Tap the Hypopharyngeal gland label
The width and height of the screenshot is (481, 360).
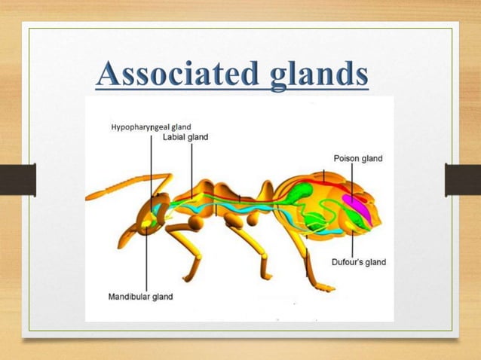pyautogui.click(x=150, y=127)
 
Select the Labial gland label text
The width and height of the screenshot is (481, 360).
pyautogui.click(x=185, y=137)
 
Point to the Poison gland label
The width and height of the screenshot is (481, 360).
pyautogui.click(x=358, y=159)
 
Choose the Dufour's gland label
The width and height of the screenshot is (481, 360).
pyautogui.click(x=359, y=262)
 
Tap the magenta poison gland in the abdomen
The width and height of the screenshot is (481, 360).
pyautogui.click(x=356, y=206)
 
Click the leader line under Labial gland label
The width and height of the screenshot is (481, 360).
pyautogui.click(x=191, y=169)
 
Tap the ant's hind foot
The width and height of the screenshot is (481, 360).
pyautogui.click(x=325, y=287)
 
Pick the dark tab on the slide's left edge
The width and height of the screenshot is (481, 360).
pyautogui.click(x=17, y=180)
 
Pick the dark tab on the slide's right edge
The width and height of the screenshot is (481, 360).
pyautogui.click(x=463, y=180)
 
